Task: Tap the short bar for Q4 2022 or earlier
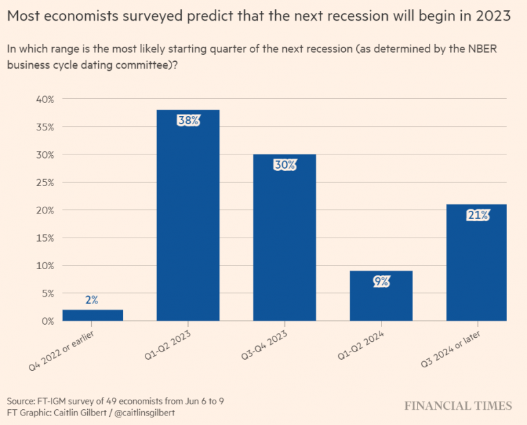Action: coord(93,315)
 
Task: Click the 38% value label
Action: coord(188,121)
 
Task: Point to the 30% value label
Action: coord(285,165)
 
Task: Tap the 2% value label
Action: coord(92,300)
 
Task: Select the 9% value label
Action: coord(382,282)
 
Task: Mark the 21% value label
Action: coord(478,215)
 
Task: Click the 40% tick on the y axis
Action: coord(45,99)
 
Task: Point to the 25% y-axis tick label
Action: coord(45,182)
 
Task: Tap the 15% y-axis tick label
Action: coord(45,238)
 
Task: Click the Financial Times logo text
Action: coord(458,405)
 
